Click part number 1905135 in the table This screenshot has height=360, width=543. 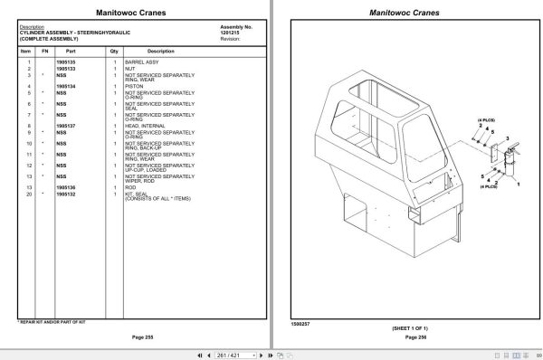point(66,62)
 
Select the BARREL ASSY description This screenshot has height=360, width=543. point(142,62)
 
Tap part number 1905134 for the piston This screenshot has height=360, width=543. point(66,86)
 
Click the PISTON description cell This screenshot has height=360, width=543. point(134,86)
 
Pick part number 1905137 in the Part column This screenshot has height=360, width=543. point(66,125)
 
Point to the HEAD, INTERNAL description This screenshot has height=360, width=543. point(145,125)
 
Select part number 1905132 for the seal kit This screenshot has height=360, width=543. point(66,194)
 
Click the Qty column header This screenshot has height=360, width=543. point(114,52)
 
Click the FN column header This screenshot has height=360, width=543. point(44,52)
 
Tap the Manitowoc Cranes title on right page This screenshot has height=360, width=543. point(405,13)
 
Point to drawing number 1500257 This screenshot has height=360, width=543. point(300,322)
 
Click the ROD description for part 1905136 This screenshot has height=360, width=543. point(131,188)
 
